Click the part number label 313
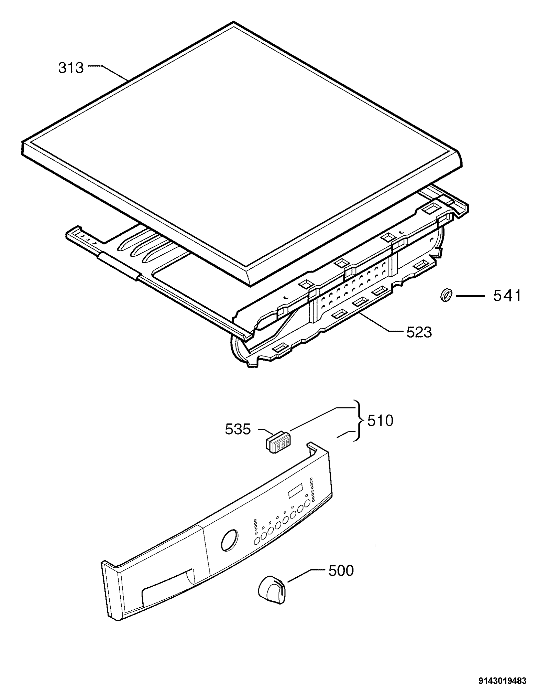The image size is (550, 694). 71,68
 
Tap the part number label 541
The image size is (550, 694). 507,296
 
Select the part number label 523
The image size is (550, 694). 419,332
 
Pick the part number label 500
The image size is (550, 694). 341,571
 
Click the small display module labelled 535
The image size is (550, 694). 277,443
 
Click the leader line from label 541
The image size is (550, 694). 470,296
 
